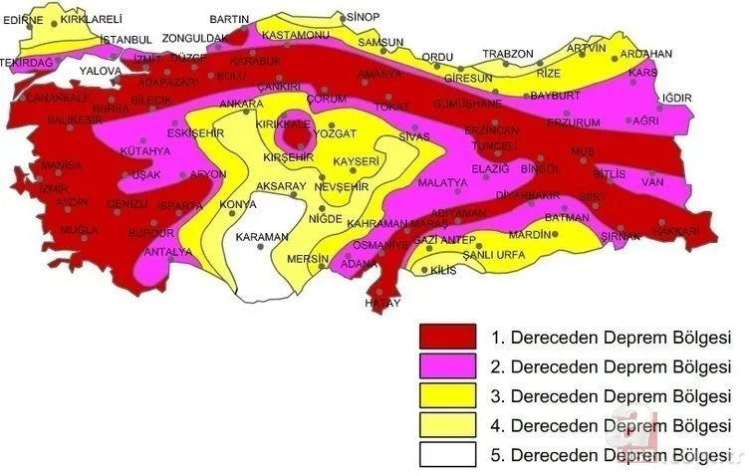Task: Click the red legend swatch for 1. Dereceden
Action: (x=447, y=336)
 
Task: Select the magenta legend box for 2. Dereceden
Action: (x=447, y=365)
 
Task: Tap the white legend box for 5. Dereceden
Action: (x=447, y=455)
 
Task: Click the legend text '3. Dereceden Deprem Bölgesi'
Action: (x=611, y=395)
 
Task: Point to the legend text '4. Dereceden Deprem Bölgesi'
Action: (x=611, y=425)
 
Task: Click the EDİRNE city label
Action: (x=24, y=19)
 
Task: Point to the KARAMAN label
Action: (x=261, y=237)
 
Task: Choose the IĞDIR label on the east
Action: (x=675, y=98)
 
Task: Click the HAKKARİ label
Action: (x=676, y=231)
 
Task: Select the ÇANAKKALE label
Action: (x=57, y=98)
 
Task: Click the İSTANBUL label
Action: (x=125, y=39)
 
